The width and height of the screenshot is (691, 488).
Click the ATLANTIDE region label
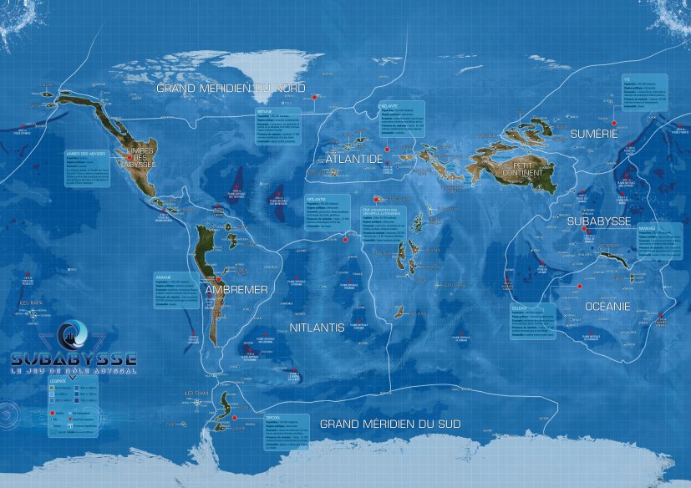point(348,158)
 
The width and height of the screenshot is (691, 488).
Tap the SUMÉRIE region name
point(593,134)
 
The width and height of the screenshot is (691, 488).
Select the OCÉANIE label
point(607,307)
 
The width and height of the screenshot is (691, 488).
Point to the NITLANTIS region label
point(317,328)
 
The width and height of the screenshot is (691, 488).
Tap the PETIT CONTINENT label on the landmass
point(528,170)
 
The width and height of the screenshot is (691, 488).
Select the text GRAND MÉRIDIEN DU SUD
point(389,424)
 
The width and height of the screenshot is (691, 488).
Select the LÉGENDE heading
point(57,381)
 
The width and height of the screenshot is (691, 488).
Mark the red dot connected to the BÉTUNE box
point(314,97)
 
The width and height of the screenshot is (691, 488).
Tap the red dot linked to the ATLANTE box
point(375,198)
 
